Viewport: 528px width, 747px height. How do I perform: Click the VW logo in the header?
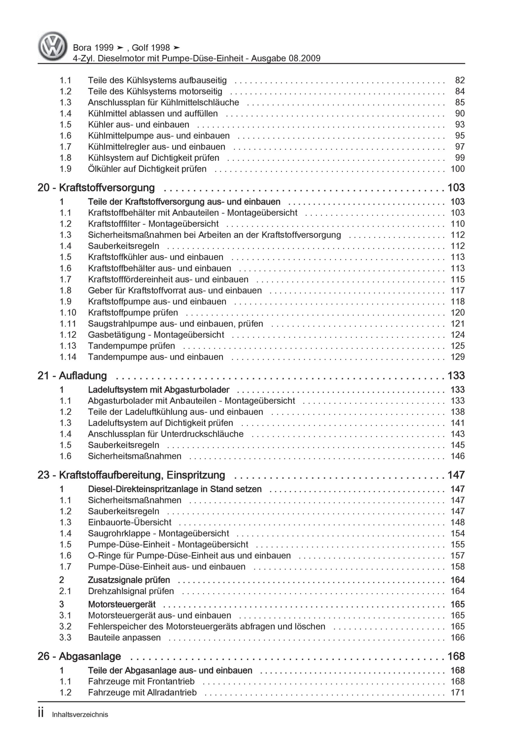coord(53,46)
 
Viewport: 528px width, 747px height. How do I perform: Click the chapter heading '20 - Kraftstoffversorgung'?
coord(96,188)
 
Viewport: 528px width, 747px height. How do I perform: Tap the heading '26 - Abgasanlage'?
coord(79,656)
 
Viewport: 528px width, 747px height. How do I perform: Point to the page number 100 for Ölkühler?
coord(457,169)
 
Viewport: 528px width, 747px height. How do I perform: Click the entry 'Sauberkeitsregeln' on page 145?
coord(123,445)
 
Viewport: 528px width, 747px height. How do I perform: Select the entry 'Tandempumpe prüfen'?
coord(131,346)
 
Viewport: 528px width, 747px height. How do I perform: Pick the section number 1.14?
coord(68,357)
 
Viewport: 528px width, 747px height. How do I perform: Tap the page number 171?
coord(457,692)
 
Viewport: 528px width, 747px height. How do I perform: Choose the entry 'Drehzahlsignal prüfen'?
coord(131,591)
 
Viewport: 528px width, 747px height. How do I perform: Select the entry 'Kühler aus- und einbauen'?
coord(138,125)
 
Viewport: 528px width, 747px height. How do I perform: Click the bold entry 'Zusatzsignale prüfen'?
coord(129,580)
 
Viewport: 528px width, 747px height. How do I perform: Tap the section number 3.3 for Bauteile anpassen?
coord(65,638)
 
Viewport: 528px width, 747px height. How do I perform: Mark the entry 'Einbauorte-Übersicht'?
coord(130,523)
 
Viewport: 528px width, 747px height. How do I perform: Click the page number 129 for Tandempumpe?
coord(457,357)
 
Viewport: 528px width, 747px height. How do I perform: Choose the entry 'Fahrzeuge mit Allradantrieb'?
coord(142,692)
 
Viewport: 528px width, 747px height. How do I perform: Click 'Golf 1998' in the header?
coord(151,48)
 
